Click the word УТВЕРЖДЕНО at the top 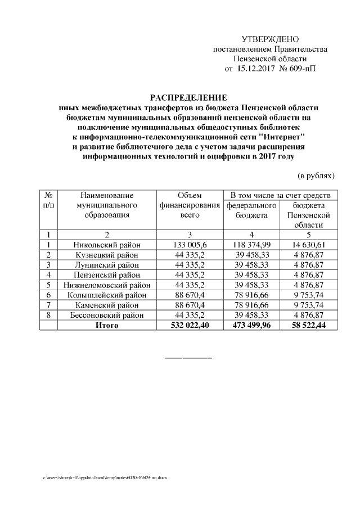click(270, 39)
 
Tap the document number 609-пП click(302, 69)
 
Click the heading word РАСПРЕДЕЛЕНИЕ click(188, 97)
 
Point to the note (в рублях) click(316, 175)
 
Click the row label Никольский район click(107, 245)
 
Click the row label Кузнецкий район click(107, 255)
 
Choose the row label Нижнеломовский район click(107, 285)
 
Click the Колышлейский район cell click(107, 295)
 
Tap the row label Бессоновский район click(107, 316)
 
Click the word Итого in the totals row click(107, 326)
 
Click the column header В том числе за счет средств click(280, 195)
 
